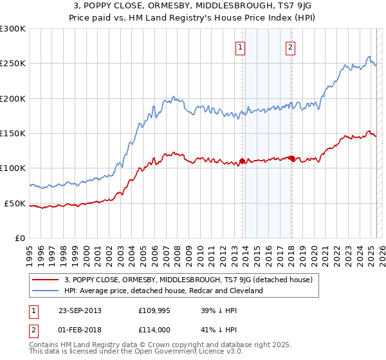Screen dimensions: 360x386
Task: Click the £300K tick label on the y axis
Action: [x=13, y=29]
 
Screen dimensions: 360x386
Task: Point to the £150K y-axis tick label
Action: [x=13, y=133]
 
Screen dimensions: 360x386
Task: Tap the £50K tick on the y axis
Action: [x=15, y=203]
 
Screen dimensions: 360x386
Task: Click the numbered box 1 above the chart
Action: [x=240, y=47]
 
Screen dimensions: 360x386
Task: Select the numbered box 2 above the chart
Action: [x=290, y=47]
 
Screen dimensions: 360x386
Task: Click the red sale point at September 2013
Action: [x=242, y=161]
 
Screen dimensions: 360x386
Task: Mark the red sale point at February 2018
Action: [x=291, y=158]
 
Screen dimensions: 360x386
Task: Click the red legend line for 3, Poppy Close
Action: [x=46, y=280]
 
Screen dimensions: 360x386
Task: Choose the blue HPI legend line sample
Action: [x=46, y=291]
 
